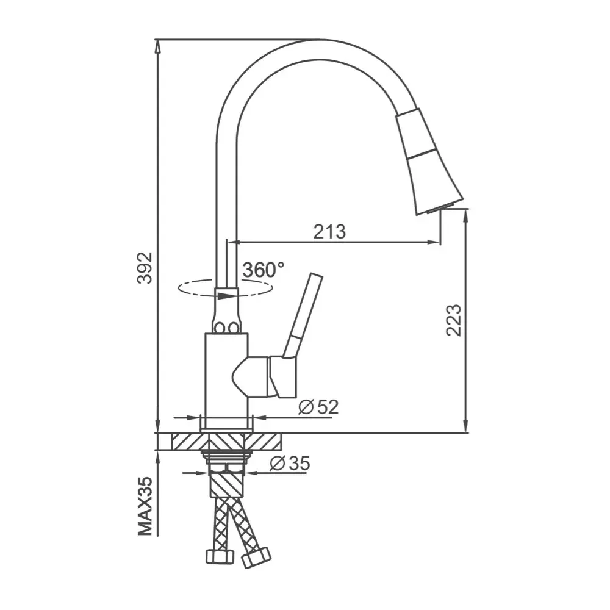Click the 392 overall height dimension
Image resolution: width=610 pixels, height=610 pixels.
click(x=145, y=268)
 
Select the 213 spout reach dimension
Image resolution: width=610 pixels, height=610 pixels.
click(x=329, y=232)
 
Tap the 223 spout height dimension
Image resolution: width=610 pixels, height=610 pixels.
click(x=454, y=320)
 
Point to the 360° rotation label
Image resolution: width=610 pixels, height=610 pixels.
click(x=263, y=270)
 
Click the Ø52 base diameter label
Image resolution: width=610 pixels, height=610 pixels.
click(x=318, y=407)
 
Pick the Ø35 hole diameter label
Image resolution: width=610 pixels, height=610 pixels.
click(x=290, y=464)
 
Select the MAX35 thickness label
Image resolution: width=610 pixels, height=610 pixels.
click(x=145, y=506)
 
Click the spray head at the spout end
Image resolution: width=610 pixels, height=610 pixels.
click(x=427, y=162)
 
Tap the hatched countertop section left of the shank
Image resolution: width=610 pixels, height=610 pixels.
click(x=186, y=441)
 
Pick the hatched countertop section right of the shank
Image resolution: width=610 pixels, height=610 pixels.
click(x=268, y=441)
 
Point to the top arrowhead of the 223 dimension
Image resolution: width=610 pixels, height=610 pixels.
click(x=466, y=213)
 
